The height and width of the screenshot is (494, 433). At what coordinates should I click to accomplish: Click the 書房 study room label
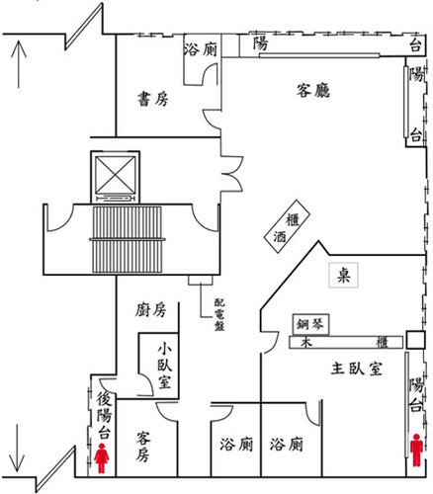153,99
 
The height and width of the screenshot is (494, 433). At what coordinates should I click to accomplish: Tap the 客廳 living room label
313,90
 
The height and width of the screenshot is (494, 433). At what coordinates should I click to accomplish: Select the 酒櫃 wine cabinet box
287,226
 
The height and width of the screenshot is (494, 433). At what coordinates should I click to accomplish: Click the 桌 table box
343,275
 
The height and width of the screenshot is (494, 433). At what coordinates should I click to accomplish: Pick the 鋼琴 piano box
310,324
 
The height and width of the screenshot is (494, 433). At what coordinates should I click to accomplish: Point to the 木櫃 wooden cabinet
346,343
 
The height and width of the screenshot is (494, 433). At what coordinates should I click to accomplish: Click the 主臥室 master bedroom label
357,369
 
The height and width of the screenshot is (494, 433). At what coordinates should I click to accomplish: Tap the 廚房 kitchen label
150,310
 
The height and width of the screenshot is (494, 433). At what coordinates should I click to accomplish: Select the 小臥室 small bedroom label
164,366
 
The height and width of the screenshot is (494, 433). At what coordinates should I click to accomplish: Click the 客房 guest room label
143,446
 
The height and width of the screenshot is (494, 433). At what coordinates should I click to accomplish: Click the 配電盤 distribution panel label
219,314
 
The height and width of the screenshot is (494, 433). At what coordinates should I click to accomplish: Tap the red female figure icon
102,458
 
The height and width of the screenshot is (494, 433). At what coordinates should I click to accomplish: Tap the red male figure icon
416,450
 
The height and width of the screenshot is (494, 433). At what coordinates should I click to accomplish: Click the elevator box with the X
115,177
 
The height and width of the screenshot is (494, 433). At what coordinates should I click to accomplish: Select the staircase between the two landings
127,239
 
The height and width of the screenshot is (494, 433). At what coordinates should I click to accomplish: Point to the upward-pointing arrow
19,64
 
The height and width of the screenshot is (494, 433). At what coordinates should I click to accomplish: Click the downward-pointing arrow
17,448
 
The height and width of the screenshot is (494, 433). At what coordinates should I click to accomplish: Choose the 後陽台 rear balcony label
104,416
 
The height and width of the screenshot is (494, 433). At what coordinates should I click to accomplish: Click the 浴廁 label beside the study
201,49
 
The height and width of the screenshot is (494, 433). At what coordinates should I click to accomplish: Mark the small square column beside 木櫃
415,340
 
